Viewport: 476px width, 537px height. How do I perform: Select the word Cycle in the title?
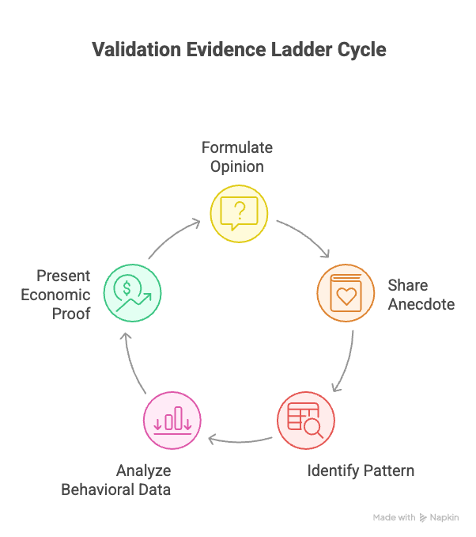tap(359, 49)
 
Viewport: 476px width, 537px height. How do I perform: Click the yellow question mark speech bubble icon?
tap(239, 213)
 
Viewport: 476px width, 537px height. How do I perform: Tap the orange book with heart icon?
tap(346, 293)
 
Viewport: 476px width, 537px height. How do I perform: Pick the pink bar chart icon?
tap(172, 420)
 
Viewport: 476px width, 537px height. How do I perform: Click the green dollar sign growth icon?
tap(132, 293)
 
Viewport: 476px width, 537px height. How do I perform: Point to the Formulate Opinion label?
tap(237, 157)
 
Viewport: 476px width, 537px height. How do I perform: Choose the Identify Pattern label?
tap(360, 470)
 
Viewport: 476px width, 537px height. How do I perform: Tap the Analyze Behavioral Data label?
tap(118, 480)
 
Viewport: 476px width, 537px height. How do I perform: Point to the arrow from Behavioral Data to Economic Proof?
tap(131, 361)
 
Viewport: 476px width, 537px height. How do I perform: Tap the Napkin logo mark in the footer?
tap(425, 517)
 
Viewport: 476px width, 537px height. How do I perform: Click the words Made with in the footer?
tap(394, 517)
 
